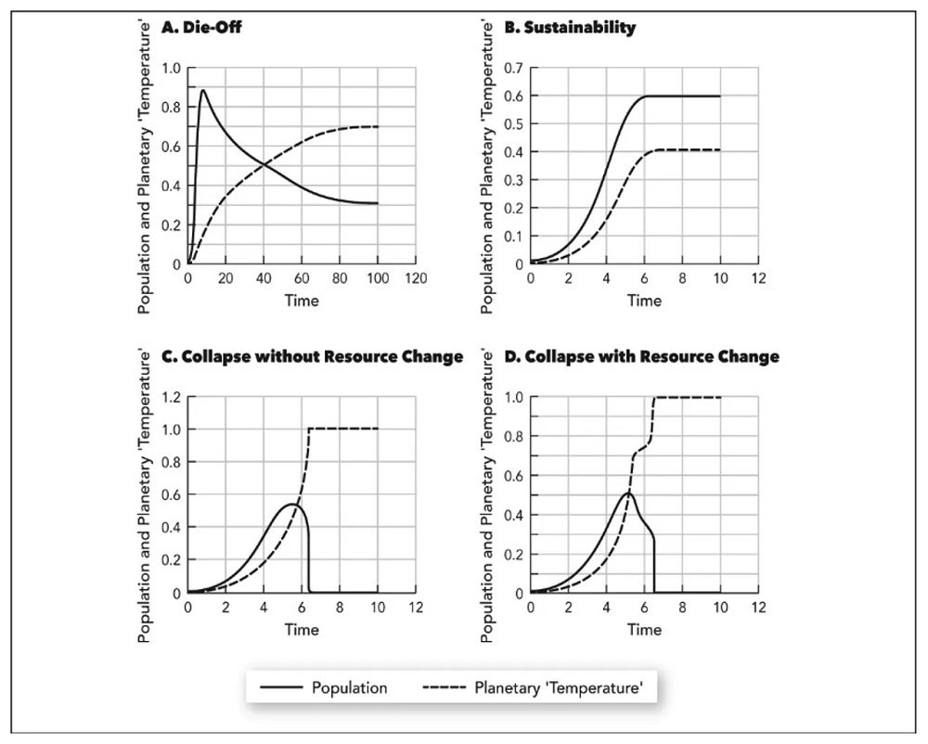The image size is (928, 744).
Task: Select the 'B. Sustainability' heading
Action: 569,28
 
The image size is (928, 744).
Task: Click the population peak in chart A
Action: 202,90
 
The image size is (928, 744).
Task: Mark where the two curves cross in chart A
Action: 264,164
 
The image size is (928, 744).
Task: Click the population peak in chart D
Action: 628,494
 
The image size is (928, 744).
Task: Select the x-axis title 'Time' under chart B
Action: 644,301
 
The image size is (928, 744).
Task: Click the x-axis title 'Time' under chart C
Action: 302,630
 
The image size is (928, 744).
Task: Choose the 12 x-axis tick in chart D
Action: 758,609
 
